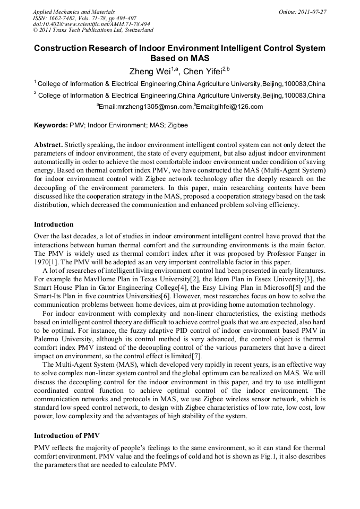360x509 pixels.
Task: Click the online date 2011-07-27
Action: (x=311, y=12)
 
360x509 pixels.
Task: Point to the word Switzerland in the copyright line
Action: (x=134, y=31)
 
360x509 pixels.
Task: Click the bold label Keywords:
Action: (x=50, y=126)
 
